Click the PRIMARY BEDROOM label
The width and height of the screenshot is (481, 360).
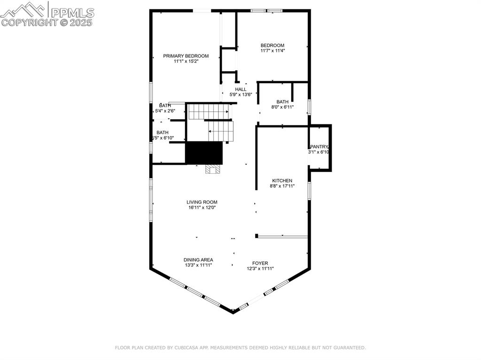186,56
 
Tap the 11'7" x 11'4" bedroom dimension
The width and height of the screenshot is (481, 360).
272,51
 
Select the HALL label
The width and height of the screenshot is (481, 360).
240,89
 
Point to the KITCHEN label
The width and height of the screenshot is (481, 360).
282,181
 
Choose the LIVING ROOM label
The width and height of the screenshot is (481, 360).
202,202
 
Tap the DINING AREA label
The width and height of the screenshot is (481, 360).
198,260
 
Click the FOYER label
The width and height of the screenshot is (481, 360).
260,263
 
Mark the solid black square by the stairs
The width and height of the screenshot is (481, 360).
204,153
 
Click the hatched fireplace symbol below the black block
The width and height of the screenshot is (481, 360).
212,169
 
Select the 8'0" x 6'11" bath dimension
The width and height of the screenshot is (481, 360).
282,107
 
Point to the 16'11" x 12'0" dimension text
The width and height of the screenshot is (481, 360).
202,207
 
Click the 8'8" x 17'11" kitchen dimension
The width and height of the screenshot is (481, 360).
282,186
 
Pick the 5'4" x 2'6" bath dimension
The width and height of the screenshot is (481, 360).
165,111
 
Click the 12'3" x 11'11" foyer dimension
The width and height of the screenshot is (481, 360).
260,268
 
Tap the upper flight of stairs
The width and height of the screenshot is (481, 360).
208,112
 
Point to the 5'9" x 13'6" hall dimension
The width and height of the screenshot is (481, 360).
240,94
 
